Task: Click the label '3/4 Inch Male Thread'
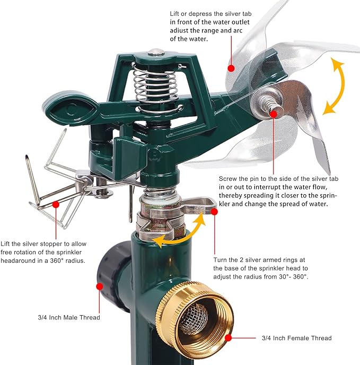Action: [69, 317]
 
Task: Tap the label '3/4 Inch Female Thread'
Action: [297, 338]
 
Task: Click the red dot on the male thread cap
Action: [100, 286]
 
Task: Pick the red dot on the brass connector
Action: [229, 337]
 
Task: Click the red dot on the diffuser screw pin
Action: [274, 114]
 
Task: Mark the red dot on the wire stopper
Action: [56, 204]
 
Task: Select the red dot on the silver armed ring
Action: [215, 212]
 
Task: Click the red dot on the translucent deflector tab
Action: [231, 68]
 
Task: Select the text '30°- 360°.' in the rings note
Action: [293, 276]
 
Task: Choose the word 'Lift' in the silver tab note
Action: [174, 14]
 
